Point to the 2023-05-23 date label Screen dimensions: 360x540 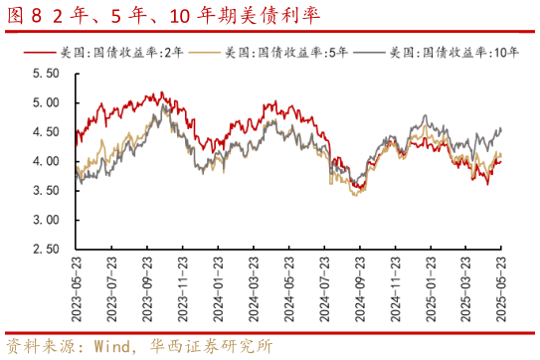77,288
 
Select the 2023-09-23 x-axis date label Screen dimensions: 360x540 147,288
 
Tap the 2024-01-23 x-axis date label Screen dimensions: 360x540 218,288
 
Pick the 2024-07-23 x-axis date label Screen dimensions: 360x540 324,288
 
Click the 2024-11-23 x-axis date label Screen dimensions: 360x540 395,288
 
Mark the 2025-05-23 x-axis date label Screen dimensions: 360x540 501,288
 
